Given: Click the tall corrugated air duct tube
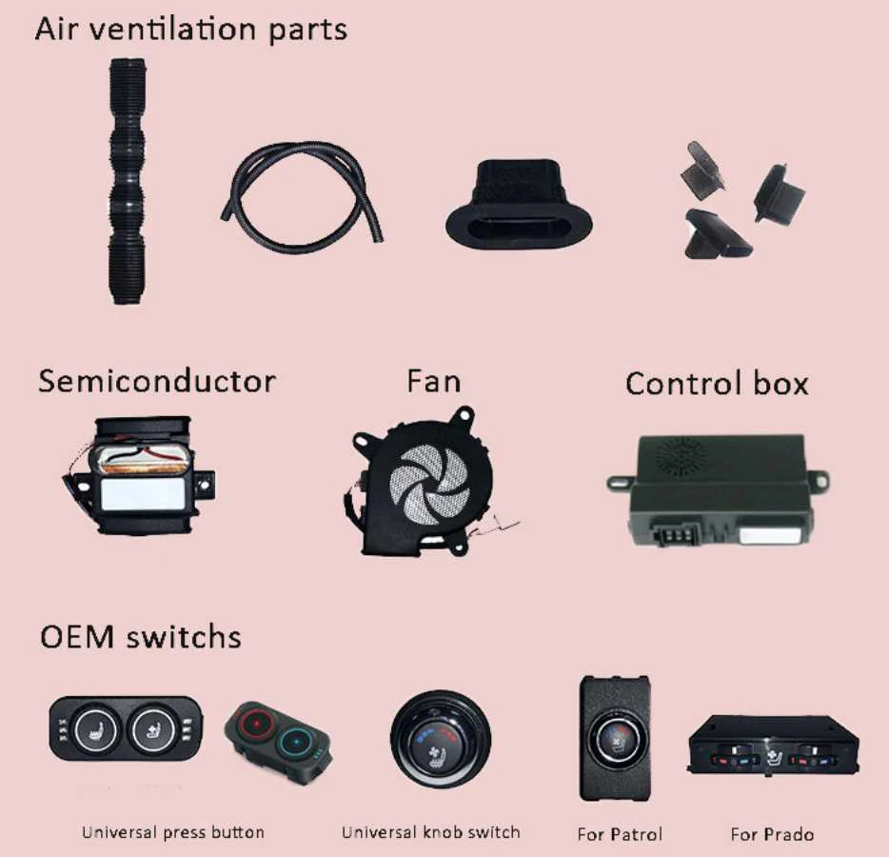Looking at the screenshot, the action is tap(127, 181).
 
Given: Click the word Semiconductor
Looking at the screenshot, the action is tap(157, 382).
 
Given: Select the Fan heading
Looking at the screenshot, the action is tap(433, 382).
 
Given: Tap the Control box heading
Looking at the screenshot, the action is tap(717, 384).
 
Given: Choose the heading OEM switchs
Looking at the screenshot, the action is tap(140, 636).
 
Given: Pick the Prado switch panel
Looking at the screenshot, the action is tap(772, 746).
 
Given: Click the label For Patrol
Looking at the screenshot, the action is tap(620, 834).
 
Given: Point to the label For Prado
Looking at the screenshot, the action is tap(772, 834).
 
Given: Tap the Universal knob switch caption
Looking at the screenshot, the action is tap(431, 832).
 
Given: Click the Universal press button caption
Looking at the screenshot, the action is tap(173, 832).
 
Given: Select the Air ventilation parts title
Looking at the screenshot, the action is tap(190, 29).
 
